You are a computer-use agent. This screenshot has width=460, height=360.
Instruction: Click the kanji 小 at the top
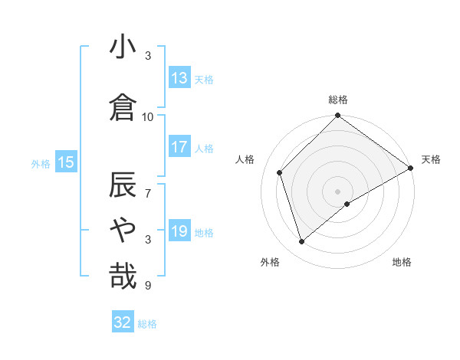click(x=123, y=47)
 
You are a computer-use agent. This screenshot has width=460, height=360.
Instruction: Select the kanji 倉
click(x=123, y=106)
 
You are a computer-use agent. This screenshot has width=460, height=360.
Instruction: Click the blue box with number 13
click(x=179, y=78)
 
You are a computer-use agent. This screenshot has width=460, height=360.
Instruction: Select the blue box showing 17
click(x=179, y=147)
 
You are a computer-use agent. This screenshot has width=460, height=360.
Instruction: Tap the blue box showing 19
click(x=179, y=231)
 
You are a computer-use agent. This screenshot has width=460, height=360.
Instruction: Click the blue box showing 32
click(x=123, y=323)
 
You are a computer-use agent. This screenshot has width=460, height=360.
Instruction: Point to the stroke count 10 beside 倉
click(x=148, y=116)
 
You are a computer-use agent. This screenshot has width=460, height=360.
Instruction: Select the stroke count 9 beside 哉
click(x=148, y=286)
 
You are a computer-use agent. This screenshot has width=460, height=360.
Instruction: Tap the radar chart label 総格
click(x=338, y=100)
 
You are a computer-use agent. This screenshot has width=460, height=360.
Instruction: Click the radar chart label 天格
click(x=431, y=159)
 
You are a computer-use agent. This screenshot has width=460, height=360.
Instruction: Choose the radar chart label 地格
click(x=402, y=262)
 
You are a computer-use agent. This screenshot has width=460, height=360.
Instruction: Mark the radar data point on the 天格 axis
click(x=411, y=168)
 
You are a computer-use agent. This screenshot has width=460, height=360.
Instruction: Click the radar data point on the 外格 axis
click(x=302, y=242)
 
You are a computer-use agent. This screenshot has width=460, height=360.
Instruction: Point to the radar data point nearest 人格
click(x=280, y=172)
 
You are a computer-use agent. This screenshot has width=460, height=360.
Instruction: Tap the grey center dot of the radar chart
click(x=338, y=191)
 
